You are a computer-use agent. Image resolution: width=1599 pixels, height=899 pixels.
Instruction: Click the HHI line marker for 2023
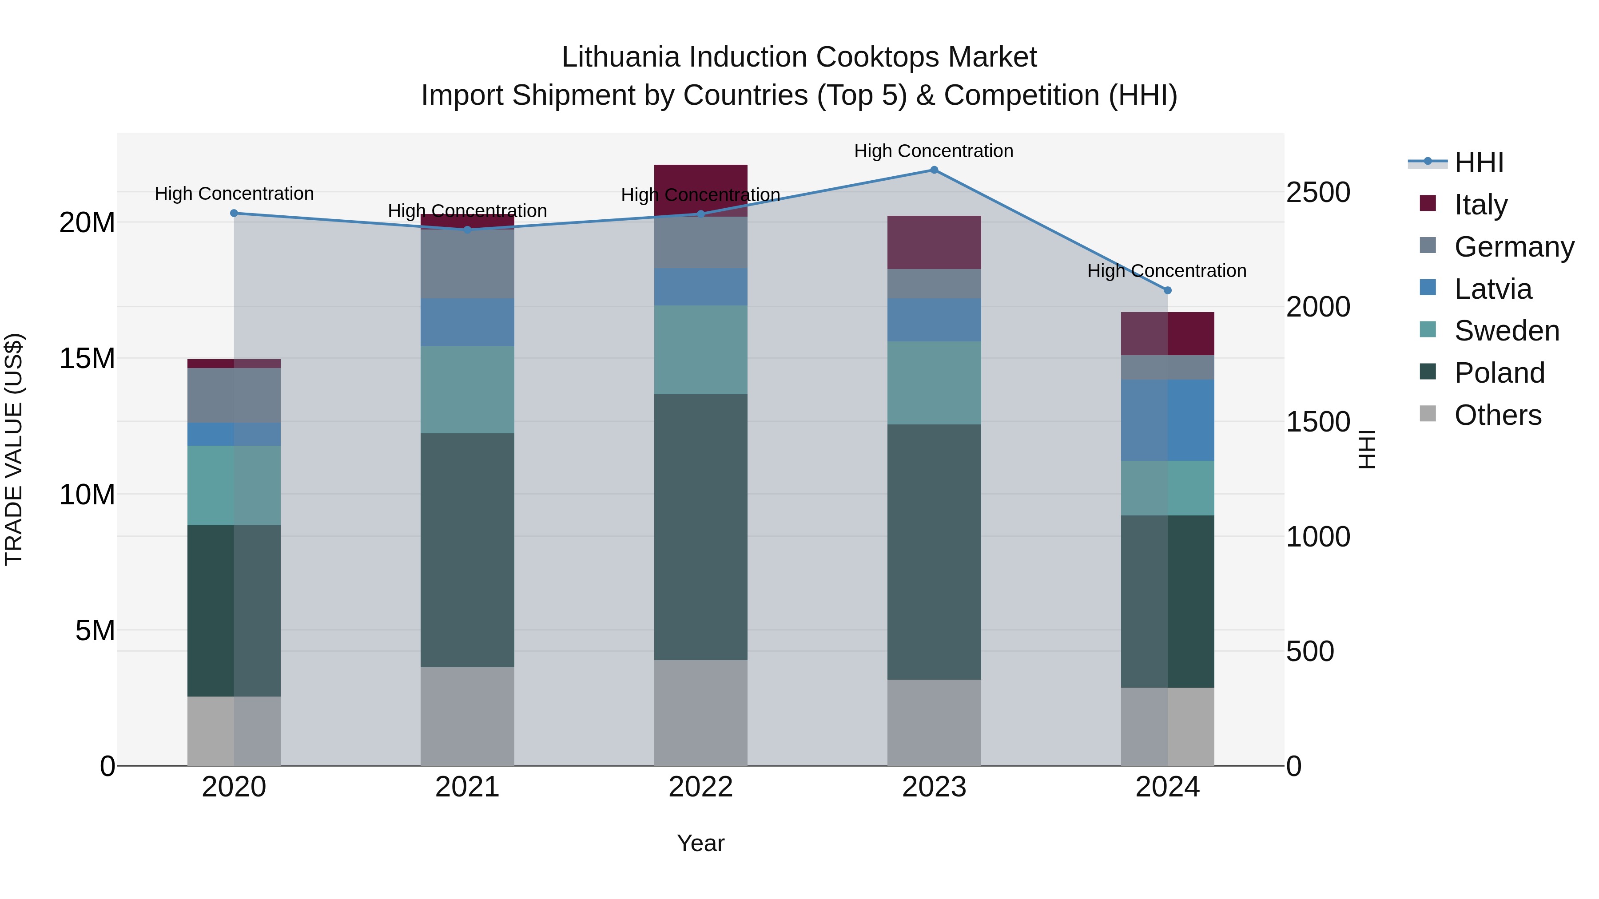(934, 170)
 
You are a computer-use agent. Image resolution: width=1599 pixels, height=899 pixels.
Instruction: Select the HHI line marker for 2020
(234, 214)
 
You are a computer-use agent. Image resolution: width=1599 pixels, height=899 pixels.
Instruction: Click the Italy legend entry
(1480, 205)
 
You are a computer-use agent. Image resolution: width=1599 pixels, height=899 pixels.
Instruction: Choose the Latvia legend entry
(1492, 289)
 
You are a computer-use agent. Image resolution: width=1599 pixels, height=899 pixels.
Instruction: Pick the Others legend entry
(1497, 415)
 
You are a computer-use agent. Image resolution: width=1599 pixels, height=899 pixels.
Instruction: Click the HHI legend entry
(1479, 162)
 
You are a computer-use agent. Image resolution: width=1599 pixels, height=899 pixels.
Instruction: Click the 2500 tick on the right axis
(1317, 192)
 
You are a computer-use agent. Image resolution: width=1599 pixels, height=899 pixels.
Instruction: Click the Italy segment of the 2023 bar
(934, 242)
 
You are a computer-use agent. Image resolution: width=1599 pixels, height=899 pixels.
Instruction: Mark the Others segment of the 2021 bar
(467, 717)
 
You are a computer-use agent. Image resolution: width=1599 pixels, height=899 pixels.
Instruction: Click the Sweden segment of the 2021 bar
(467, 390)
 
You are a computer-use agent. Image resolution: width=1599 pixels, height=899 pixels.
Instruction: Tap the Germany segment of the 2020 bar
(234, 395)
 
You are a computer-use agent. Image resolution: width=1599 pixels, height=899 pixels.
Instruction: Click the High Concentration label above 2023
(934, 151)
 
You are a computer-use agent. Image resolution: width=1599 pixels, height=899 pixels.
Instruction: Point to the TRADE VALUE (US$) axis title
(14, 449)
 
